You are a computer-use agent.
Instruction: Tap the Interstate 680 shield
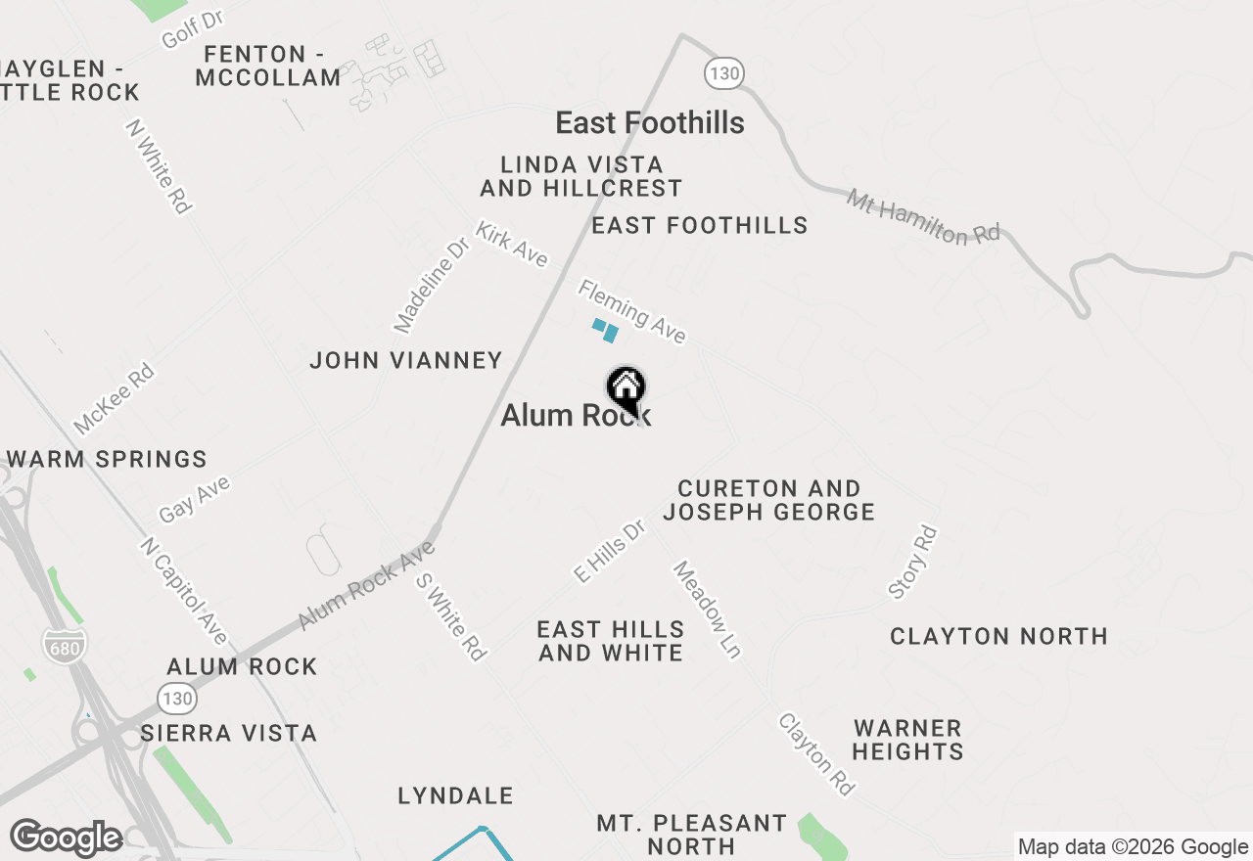(x=65, y=644)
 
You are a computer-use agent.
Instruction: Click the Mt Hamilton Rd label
(x=923, y=217)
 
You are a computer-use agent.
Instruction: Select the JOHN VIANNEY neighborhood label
(x=406, y=361)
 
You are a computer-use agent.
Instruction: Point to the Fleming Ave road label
(x=631, y=311)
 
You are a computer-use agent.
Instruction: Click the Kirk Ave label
(x=511, y=244)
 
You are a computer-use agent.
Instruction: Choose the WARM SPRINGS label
(x=107, y=460)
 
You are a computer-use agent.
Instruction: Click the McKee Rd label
(x=115, y=399)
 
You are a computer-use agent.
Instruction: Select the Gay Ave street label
(x=194, y=499)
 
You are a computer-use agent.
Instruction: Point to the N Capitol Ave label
(x=183, y=591)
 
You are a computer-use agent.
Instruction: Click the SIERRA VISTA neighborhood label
(x=229, y=734)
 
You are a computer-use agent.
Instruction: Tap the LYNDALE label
(x=456, y=796)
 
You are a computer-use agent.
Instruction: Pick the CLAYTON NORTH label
(x=998, y=637)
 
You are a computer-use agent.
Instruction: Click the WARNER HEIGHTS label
(x=908, y=741)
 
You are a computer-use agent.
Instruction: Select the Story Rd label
(x=912, y=563)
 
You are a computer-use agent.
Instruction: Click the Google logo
(x=66, y=838)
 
